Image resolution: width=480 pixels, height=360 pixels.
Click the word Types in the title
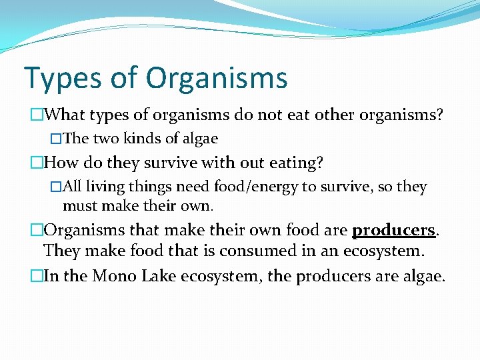[57, 78]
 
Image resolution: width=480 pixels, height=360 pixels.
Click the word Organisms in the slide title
[217, 78]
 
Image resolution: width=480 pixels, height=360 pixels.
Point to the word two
[105, 139]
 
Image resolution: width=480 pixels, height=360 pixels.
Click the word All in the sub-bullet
[72, 187]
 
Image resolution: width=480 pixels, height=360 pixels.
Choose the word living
[106, 187]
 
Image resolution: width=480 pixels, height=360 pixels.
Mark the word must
[79, 205]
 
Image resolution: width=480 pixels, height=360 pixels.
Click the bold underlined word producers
[393, 230]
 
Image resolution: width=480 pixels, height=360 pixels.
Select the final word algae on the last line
[423, 275]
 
